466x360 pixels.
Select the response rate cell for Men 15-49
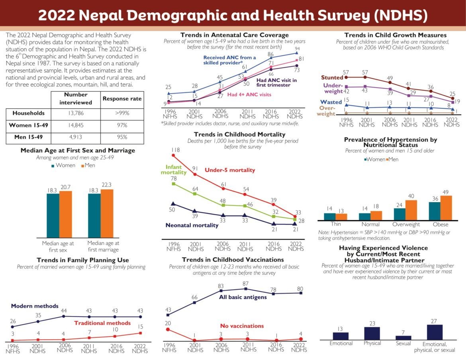pyautogui.click(x=121, y=137)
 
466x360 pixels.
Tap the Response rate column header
pyautogui.click(x=121, y=98)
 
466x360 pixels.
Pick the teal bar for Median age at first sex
pyautogui.click(x=53, y=215)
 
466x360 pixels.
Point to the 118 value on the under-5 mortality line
pyautogui.click(x=176, y=150)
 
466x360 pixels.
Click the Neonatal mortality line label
pyautogui.click(x=192, y=225)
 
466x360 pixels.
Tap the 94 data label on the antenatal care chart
pyautogui.click(x=296, y=48)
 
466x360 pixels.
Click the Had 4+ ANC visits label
pyautogui.click(x=249, y=95)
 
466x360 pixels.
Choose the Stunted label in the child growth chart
pyautogui.click(x=332, y=78)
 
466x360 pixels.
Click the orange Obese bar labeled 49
pyautogui.click(x=446, y=207)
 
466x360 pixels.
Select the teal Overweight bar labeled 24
pyautogui.click(x=399, y=214)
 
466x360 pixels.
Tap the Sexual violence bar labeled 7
pyautogui.click(x=403, y=337)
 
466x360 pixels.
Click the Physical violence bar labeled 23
pyautogui.click(x=372, y=333)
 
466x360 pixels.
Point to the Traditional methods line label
pyautogui.click(x=102, y=323)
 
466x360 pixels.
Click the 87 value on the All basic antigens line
pyautogui.click(x=246, y=283)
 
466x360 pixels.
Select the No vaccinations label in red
pyautogui.click(x=242, y=326)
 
